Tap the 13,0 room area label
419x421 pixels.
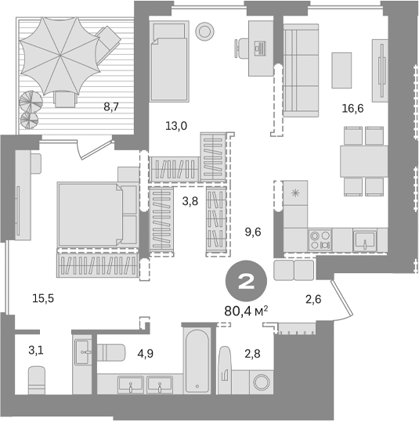pyautogui.click(x=177, y=125)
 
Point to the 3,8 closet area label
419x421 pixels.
pyautogui.click(x=190, y=201)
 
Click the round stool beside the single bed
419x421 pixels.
pyautogui.click(x=205, y=32)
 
